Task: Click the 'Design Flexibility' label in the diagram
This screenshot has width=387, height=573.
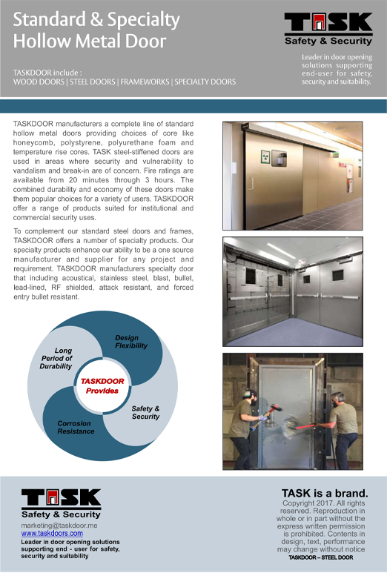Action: click(131, 342)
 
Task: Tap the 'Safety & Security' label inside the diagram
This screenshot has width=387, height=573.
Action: click(145, 412)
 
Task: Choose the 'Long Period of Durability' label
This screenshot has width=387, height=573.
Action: click(57, 358)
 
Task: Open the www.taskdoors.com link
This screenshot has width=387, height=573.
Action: click(52, 533)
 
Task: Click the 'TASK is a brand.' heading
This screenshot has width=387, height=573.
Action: click(324, 493)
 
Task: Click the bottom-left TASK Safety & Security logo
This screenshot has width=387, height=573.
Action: click(62, 503)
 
